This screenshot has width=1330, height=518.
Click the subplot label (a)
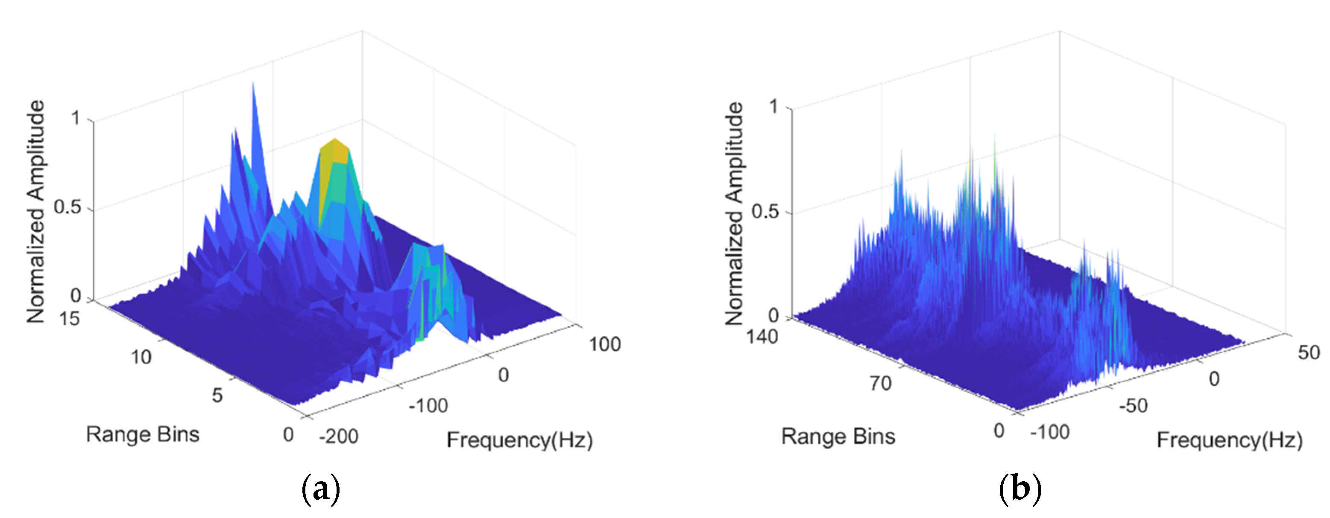(x=321, y=488)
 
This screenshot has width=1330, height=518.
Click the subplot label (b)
(x=1019, y=488)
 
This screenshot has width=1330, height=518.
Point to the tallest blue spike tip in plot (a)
(x=253, y=84)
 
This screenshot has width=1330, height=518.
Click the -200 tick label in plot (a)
(x=338, y=437)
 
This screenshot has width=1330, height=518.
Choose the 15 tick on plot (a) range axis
(x=69, y=318)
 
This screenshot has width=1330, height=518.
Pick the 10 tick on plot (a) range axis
(x=141, y=357)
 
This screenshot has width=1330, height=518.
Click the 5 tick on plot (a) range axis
(x=217, y=395)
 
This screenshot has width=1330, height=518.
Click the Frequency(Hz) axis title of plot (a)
(x=519, y=440)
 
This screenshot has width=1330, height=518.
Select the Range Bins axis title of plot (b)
(x=838, y=437)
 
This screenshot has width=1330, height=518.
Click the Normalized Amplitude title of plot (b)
(x=734, y=214)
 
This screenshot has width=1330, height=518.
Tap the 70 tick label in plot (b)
(x=880, y=383)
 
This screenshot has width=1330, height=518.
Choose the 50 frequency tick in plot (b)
(x=1308, y=353)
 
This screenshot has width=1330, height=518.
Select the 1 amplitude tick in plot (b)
(x=773, y=107)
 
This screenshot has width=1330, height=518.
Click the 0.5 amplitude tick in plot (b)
(x=765, y=212)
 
